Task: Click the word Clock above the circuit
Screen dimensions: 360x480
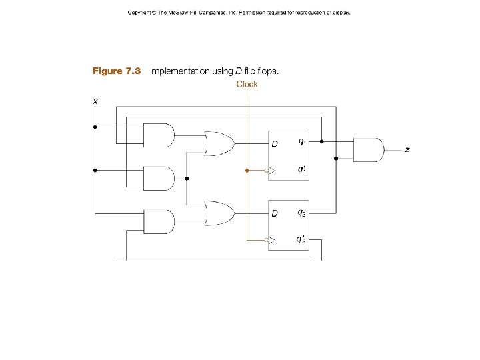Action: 247,84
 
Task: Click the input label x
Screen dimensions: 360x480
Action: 95,101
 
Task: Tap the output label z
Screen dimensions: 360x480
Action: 407,150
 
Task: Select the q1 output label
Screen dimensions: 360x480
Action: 302,141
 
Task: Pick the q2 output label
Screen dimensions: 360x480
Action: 302,213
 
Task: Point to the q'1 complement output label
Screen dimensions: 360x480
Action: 302,170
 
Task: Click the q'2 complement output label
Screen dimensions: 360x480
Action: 302,239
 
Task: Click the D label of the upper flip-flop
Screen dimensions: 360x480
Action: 274,143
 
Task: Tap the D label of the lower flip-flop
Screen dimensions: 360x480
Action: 274,213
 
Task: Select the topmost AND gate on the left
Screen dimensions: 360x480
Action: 159,135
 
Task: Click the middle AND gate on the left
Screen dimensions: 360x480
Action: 159,178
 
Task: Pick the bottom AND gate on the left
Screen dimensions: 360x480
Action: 159,221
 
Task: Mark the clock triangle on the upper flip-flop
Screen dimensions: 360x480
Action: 271,171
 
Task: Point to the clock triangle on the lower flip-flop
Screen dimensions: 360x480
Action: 271,240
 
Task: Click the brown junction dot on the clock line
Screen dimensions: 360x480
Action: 247,171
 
